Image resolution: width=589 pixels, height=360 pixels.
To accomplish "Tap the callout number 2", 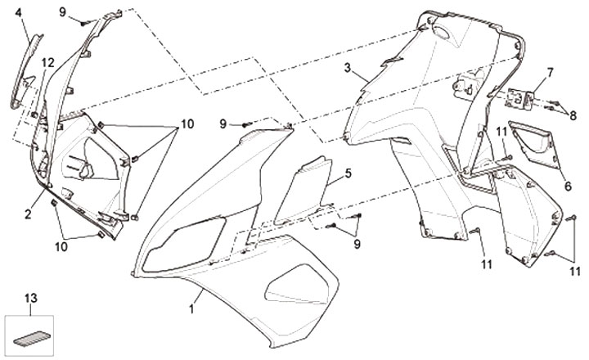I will (x=28, y=214).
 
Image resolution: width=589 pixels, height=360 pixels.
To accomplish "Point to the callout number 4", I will (x=19, y=11).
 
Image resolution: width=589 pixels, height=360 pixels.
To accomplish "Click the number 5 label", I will (x=347, y=173).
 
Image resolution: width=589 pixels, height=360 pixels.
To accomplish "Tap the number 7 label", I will (x=550, y=72).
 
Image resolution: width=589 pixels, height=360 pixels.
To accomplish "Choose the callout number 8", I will (x=573, y=115).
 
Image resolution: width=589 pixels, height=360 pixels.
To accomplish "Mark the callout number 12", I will (x=48, y=63).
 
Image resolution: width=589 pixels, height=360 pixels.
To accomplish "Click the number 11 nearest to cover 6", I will (x=501, y=131).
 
